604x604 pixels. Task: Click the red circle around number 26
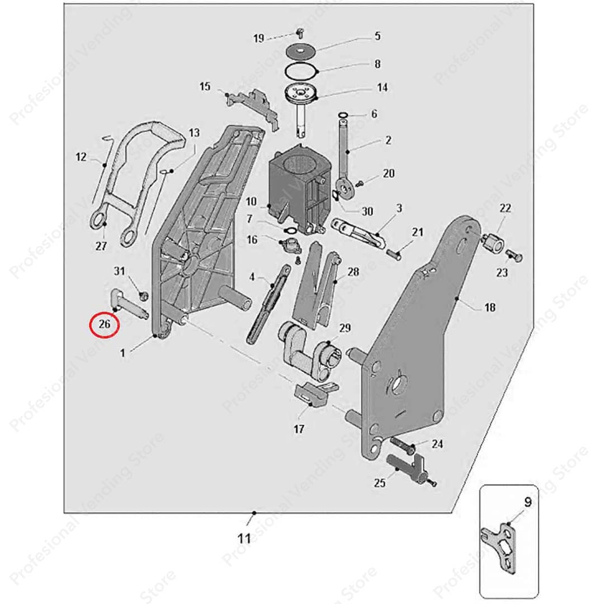pos(105,325)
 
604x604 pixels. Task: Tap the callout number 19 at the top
pos(258,39)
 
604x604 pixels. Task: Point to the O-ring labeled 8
pos(301,72)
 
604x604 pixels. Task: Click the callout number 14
pos(382,88)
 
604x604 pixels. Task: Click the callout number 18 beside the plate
pos(490,308)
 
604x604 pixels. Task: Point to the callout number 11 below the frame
pos(244,539)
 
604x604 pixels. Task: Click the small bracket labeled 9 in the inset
pos(503,545)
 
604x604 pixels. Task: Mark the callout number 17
pos(299,430)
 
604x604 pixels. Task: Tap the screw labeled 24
pos(402,446)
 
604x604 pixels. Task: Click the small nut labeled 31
pos(141,294)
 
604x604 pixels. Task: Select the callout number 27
pos(101,246)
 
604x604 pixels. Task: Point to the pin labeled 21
pos(395,252)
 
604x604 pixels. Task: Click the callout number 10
pos(251,200)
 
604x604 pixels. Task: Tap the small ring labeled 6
pos(343,116)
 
